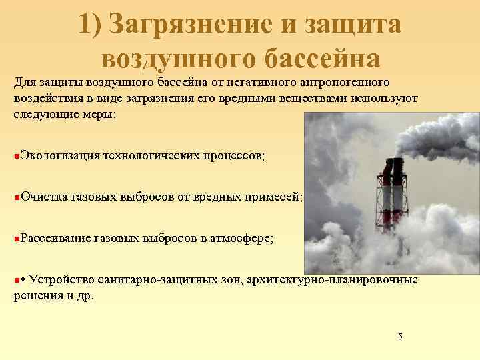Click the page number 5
pos(400,336)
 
